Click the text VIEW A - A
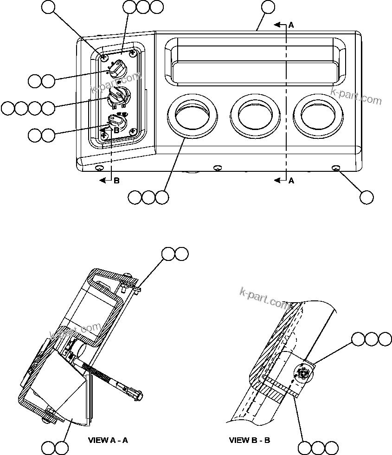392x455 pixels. (x=108, y=440)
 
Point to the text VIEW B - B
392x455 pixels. (x=249, y=440)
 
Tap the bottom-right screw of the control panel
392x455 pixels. (x=133, y=131)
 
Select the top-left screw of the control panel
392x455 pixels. (x=104, y=57)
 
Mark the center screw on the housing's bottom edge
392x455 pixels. (x=217, y=168)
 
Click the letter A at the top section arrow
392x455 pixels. (x=291, y=26)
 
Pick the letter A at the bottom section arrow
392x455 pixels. (x=291, y=181)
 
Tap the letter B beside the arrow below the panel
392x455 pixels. (x=116, y=181)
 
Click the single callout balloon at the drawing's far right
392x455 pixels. (x=366, y=197)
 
